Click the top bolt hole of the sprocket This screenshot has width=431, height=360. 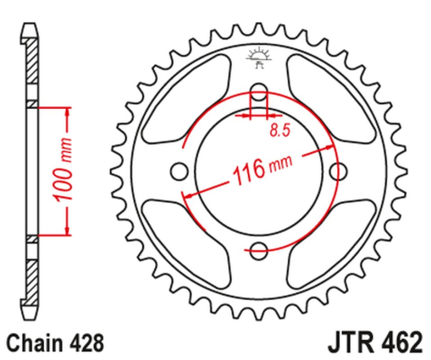click(x=259, y=91)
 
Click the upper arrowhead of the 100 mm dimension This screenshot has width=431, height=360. click(x=65, y=110)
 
